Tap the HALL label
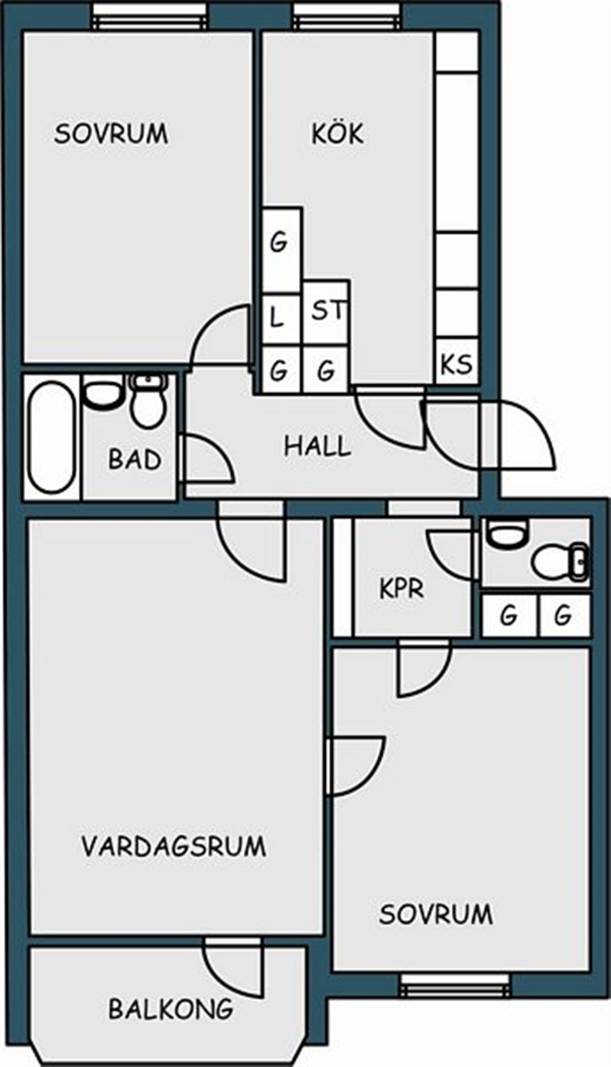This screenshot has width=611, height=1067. (317, 447)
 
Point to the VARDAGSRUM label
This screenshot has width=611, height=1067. (174, 846)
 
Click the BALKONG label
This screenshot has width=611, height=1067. (171, 1008)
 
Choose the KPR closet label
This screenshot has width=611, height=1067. (401, 588)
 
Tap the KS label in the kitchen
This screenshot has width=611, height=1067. (457, 364)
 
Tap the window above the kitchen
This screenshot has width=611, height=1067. (346, 16)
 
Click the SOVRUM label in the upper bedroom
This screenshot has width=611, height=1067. (111, 133)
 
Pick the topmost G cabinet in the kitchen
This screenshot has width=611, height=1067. (278, 242)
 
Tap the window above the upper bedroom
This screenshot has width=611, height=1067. (151, 16)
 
